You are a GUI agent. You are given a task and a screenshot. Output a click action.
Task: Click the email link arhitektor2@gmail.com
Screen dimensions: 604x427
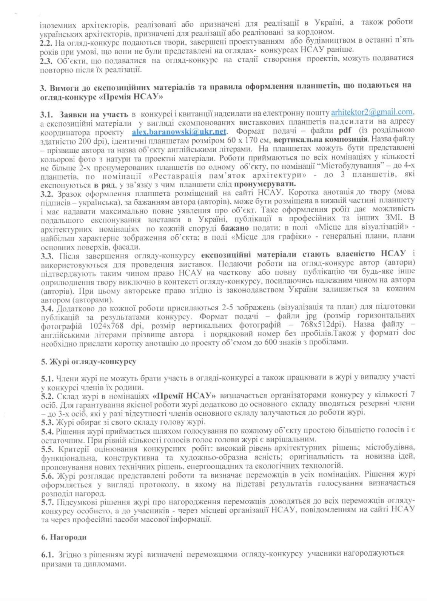click(x=372, y=112)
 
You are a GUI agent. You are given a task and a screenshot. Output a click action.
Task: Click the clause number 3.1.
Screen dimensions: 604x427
click(x=48, y=114)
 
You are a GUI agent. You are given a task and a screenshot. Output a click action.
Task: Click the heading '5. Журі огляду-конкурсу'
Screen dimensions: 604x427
click(x=88, y=362)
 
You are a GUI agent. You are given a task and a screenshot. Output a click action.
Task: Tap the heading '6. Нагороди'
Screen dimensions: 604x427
click(x=64, y=537)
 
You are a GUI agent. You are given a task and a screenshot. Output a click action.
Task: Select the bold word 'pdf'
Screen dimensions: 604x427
click(x=344, y=131)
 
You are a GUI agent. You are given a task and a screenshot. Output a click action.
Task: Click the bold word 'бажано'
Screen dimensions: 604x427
click(x=234, y=228)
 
